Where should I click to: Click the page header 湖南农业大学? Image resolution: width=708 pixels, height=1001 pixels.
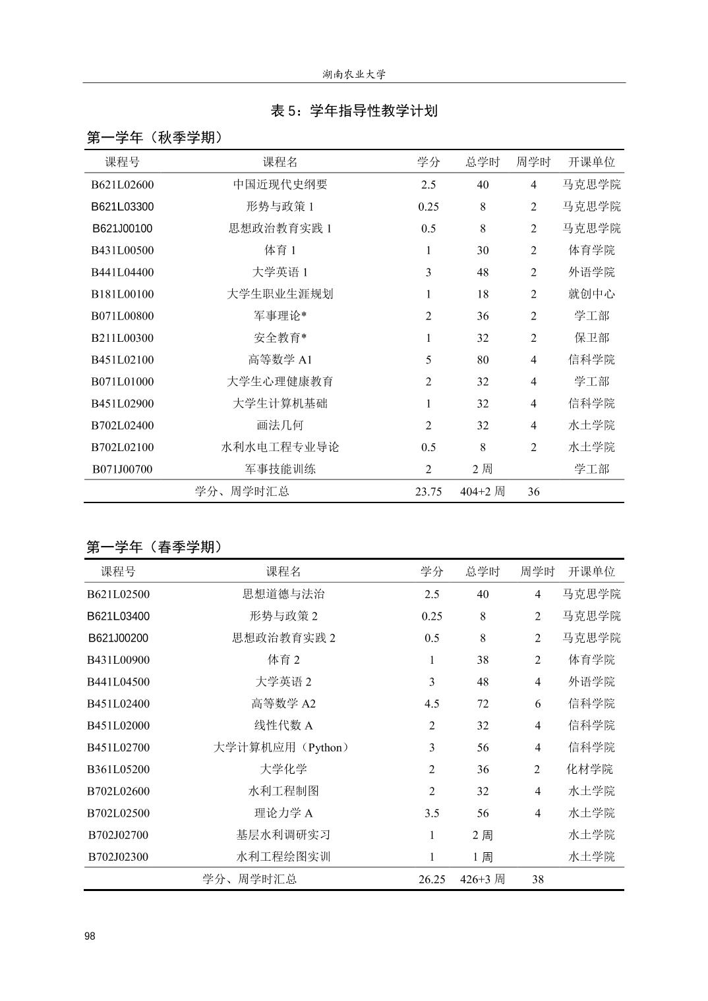[x=354, y=74]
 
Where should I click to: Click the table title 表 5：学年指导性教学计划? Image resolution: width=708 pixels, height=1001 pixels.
[x=354, y=111]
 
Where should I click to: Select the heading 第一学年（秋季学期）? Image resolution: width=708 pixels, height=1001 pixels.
[x=155, y=138]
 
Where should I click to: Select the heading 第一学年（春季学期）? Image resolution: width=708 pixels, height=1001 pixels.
[x=155, y=547]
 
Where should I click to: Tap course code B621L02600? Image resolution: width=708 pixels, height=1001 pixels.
[x=122, y=184]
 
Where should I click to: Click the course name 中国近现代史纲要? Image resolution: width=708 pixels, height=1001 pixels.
[x=280, y=184]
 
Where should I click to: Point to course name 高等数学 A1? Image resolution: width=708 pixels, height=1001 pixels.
[x=280, y=360]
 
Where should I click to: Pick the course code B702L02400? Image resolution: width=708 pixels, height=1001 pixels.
[x=122, y=425]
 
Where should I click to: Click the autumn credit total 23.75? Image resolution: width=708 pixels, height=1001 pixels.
[x=428, y=491]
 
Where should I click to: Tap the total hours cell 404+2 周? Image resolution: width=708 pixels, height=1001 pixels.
[x=483, y=491]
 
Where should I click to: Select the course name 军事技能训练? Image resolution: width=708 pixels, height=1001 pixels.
[x=280, y=469]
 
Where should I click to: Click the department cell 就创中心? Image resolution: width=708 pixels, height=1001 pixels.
[x=591, y=294]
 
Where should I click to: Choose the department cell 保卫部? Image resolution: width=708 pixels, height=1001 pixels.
[x=591, y=338]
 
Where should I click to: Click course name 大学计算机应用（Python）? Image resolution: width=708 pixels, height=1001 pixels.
[x=282, y=747]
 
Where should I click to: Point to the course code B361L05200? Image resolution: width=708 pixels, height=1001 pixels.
[x=119, y=769]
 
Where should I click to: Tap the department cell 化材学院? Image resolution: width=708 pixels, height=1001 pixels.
[x=590, y=769]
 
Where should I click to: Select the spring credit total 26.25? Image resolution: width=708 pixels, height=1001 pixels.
[x=432, y=879]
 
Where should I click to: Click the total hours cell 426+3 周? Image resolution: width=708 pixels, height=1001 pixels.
[x=483, y=879]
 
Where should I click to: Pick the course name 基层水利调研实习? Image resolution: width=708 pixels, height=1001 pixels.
[x=283, y=835]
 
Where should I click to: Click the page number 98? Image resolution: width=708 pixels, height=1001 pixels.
[x=90, y=936]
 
